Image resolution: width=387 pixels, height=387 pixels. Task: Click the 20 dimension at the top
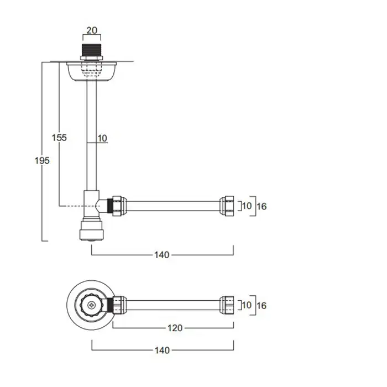92,30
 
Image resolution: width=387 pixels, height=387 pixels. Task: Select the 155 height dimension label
59,138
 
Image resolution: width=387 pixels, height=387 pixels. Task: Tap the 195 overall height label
42,161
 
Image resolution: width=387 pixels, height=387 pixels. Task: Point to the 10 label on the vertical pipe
102,138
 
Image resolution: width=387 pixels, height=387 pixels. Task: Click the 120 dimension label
175,328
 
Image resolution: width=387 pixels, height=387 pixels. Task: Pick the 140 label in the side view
162,255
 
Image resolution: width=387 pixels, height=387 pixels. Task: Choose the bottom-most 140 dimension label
162,350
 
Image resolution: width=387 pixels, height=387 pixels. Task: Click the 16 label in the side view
262,206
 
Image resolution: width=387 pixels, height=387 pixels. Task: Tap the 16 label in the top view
262,306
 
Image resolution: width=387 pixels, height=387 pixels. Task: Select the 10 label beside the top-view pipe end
247,305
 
